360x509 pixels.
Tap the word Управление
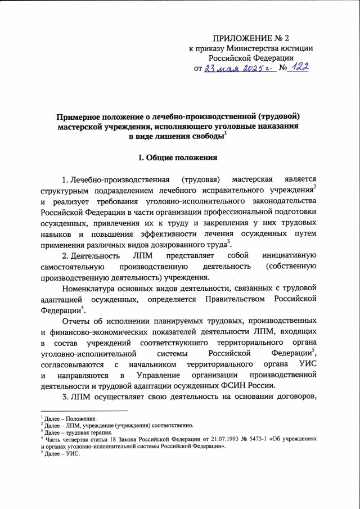point(150,375)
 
